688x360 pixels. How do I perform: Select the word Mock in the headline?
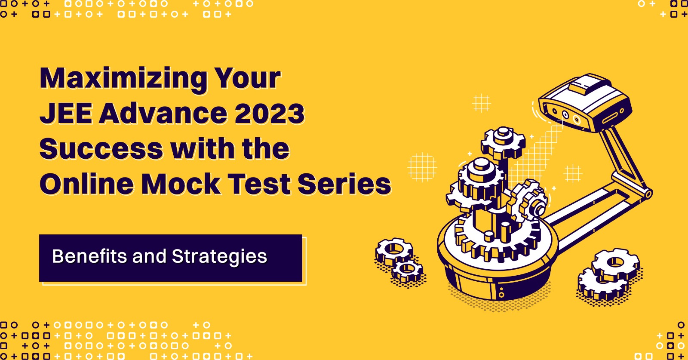(x=181, y=184)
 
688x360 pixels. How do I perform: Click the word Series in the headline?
(x=344, y=184)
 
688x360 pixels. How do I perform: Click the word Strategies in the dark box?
(x=219, y=257)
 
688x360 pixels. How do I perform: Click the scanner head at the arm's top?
(x=585, y=103)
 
